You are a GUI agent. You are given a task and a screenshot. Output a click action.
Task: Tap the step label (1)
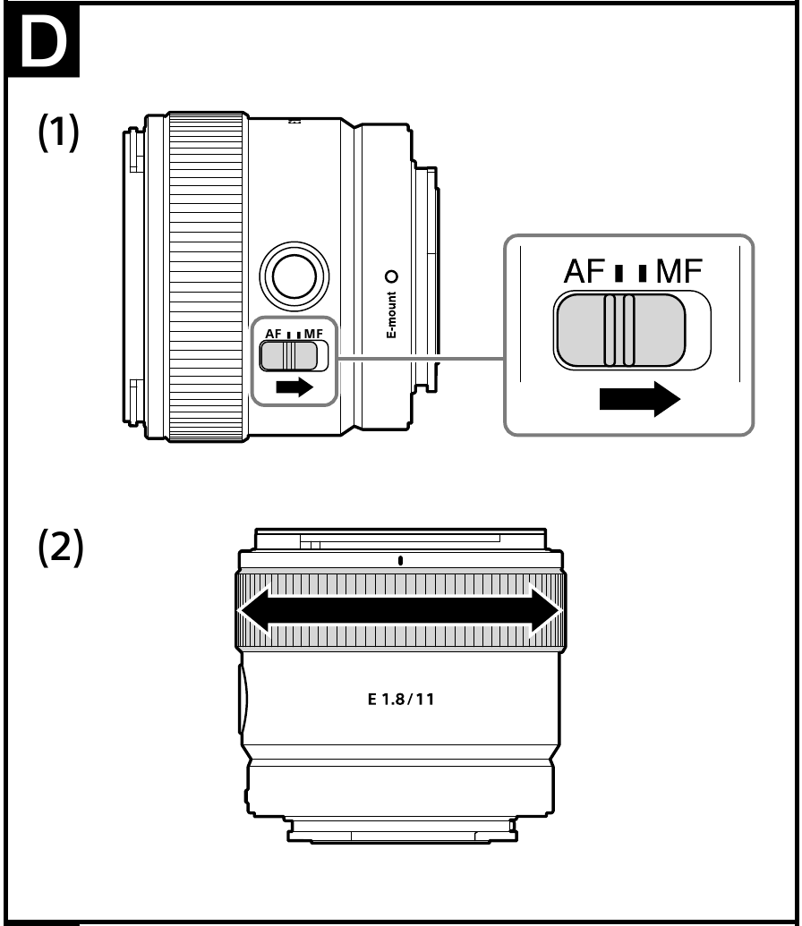click(x=58, y=132)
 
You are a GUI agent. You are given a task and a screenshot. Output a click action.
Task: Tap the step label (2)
click(x=61, y=548)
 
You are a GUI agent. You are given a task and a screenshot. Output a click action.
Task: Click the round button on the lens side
click(x=294, y=276)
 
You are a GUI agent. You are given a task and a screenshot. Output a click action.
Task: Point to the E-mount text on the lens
click(x=391, y=315)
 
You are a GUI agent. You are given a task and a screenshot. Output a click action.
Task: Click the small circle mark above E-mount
click(x=391, y=276)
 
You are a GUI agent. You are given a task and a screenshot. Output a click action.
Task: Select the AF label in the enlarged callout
click(x=584, y=272)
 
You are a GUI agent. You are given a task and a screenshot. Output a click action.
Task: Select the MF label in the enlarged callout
click(x=678, y=272)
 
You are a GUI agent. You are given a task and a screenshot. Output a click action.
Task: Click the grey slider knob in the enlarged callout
click(x=619, y=330)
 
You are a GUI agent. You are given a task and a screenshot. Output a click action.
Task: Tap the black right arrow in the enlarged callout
click(x=640, y=399)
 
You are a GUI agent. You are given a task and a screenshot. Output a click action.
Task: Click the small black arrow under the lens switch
click(x=294, y=387)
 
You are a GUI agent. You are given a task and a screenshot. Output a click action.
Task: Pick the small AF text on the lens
click(x=273, y=335)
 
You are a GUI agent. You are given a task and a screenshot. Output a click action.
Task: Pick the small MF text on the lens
click(x=314, y=335)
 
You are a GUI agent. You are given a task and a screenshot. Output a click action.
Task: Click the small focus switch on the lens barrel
click(x=289, y=356)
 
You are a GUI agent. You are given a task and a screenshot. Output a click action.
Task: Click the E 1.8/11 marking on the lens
click(x=401, y=700)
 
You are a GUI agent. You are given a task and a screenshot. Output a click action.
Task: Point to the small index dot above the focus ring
click(x=400, y=560)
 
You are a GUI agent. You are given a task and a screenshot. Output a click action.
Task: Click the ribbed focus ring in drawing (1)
click(x=206, y=276)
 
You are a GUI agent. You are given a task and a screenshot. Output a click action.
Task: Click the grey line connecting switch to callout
click(x=420, y=357)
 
